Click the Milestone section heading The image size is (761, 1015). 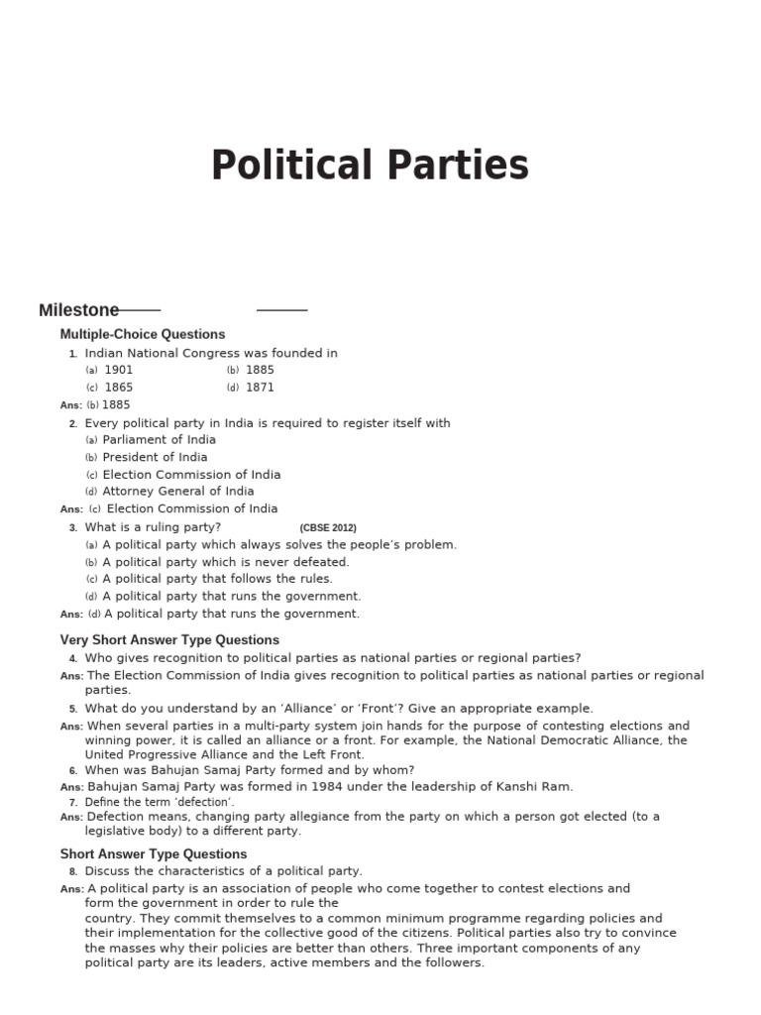click(78, 310)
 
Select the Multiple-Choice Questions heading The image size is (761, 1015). click(142, 334)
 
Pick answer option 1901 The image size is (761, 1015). click(118, 370)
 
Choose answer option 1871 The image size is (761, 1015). click(260, 388)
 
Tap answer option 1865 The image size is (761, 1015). click(118, 388)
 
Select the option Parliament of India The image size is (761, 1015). click(159, 440)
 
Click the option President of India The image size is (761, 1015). click(155, 457)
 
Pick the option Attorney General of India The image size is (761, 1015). click(177, 492)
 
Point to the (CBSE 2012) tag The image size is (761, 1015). click(327, 528)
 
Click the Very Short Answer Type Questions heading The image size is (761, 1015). click(169, 640)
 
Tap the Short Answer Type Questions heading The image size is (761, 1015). click(154, 854)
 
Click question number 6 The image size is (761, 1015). click(72, 771)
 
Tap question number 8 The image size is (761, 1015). click(72, 872)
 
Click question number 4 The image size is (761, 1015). click(72, 659)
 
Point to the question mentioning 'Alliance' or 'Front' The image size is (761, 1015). click(338, 709)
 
